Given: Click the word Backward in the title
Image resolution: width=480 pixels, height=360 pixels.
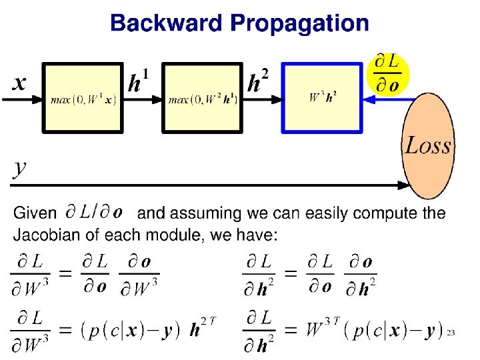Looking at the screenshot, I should [x=167, y=23].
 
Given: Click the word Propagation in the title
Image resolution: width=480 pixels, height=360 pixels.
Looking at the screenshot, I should [x=299, y=24].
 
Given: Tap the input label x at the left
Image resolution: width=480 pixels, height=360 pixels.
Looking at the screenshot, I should [x=21, y=83].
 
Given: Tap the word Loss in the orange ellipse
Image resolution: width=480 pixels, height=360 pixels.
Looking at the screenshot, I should [x=428, y=145].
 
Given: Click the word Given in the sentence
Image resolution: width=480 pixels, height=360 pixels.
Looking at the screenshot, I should [x=35, y=214].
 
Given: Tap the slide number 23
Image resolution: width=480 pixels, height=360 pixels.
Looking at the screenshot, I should [x=451, y=331].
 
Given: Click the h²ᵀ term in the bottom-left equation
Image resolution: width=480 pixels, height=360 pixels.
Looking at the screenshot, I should [x=202, y=329].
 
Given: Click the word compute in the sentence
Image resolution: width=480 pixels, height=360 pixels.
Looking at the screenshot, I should [x=386, y=214].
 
